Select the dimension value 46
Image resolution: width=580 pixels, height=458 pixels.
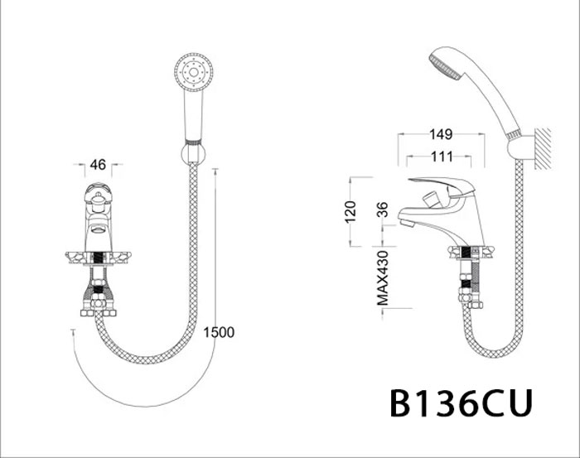tap(98, 165)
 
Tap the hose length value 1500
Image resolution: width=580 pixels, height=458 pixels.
tap(219, 332)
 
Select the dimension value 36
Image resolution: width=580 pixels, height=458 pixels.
tap(383, 211)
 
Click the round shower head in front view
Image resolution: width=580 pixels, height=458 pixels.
tap(195, 71)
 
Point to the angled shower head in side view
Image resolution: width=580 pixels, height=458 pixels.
tap(446, 65)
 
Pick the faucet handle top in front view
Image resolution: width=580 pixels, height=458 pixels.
tap(98, 196)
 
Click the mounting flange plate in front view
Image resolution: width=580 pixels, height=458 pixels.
tap(98, 258)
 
